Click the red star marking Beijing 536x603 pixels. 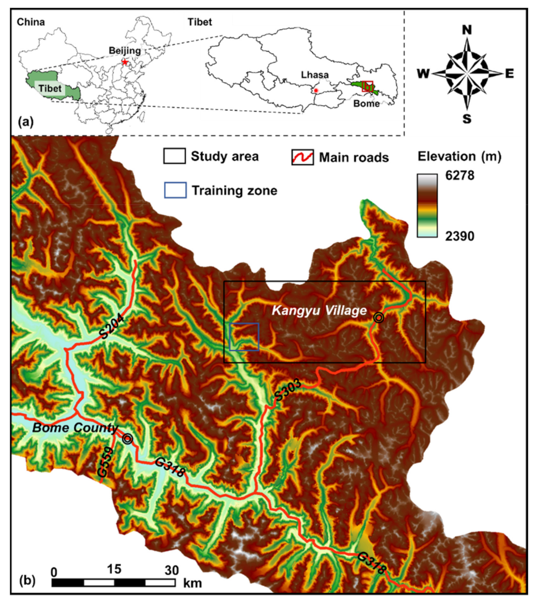(125, 62)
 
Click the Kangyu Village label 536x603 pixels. (319, 310)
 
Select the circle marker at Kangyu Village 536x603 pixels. (379, 318)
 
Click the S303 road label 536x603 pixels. (288, 390)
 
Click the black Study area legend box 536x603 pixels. (175, 156)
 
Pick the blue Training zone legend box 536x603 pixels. (175, 190)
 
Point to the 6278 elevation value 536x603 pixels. (460, 176)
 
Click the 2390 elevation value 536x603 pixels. (460, 236)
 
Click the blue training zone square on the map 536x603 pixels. (244, 337)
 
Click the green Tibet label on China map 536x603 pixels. (50, 89)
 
